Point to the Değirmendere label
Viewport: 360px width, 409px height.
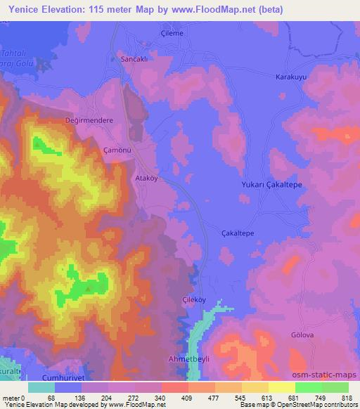pyautogui.click(x=89, y=120)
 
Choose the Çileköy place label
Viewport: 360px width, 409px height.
pyautogui.click(x=194, y=298)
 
